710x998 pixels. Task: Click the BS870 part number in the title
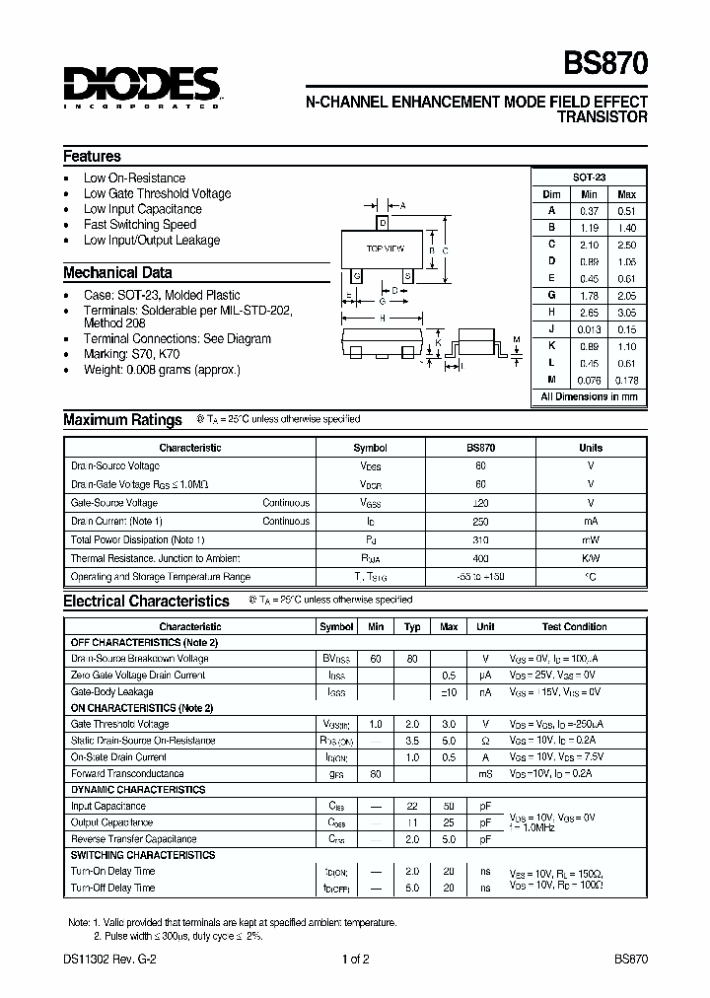point(605,64)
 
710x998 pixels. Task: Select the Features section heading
point(92,156)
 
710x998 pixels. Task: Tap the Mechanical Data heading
point(117,272)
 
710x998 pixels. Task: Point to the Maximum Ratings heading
point(122,419)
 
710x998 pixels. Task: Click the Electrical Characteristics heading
point(146,601)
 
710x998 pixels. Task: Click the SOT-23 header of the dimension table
point(589,177)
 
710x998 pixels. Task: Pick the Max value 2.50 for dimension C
point(626,244)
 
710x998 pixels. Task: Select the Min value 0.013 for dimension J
point(589,328)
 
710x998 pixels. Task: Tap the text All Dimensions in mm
point(589,396)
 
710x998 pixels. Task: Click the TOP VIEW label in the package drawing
point(386,249)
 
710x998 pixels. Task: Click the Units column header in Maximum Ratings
point(590,448)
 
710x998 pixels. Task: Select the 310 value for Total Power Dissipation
point(480,539)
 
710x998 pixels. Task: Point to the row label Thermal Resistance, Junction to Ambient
point(141,558)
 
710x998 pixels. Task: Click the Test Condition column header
point(574,626)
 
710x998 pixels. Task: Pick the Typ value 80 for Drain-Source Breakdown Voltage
point(412,658)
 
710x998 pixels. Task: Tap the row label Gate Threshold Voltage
point(121,724)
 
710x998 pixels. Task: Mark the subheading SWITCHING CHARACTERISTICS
point(142,855)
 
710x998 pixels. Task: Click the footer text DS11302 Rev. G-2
point(106,959)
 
